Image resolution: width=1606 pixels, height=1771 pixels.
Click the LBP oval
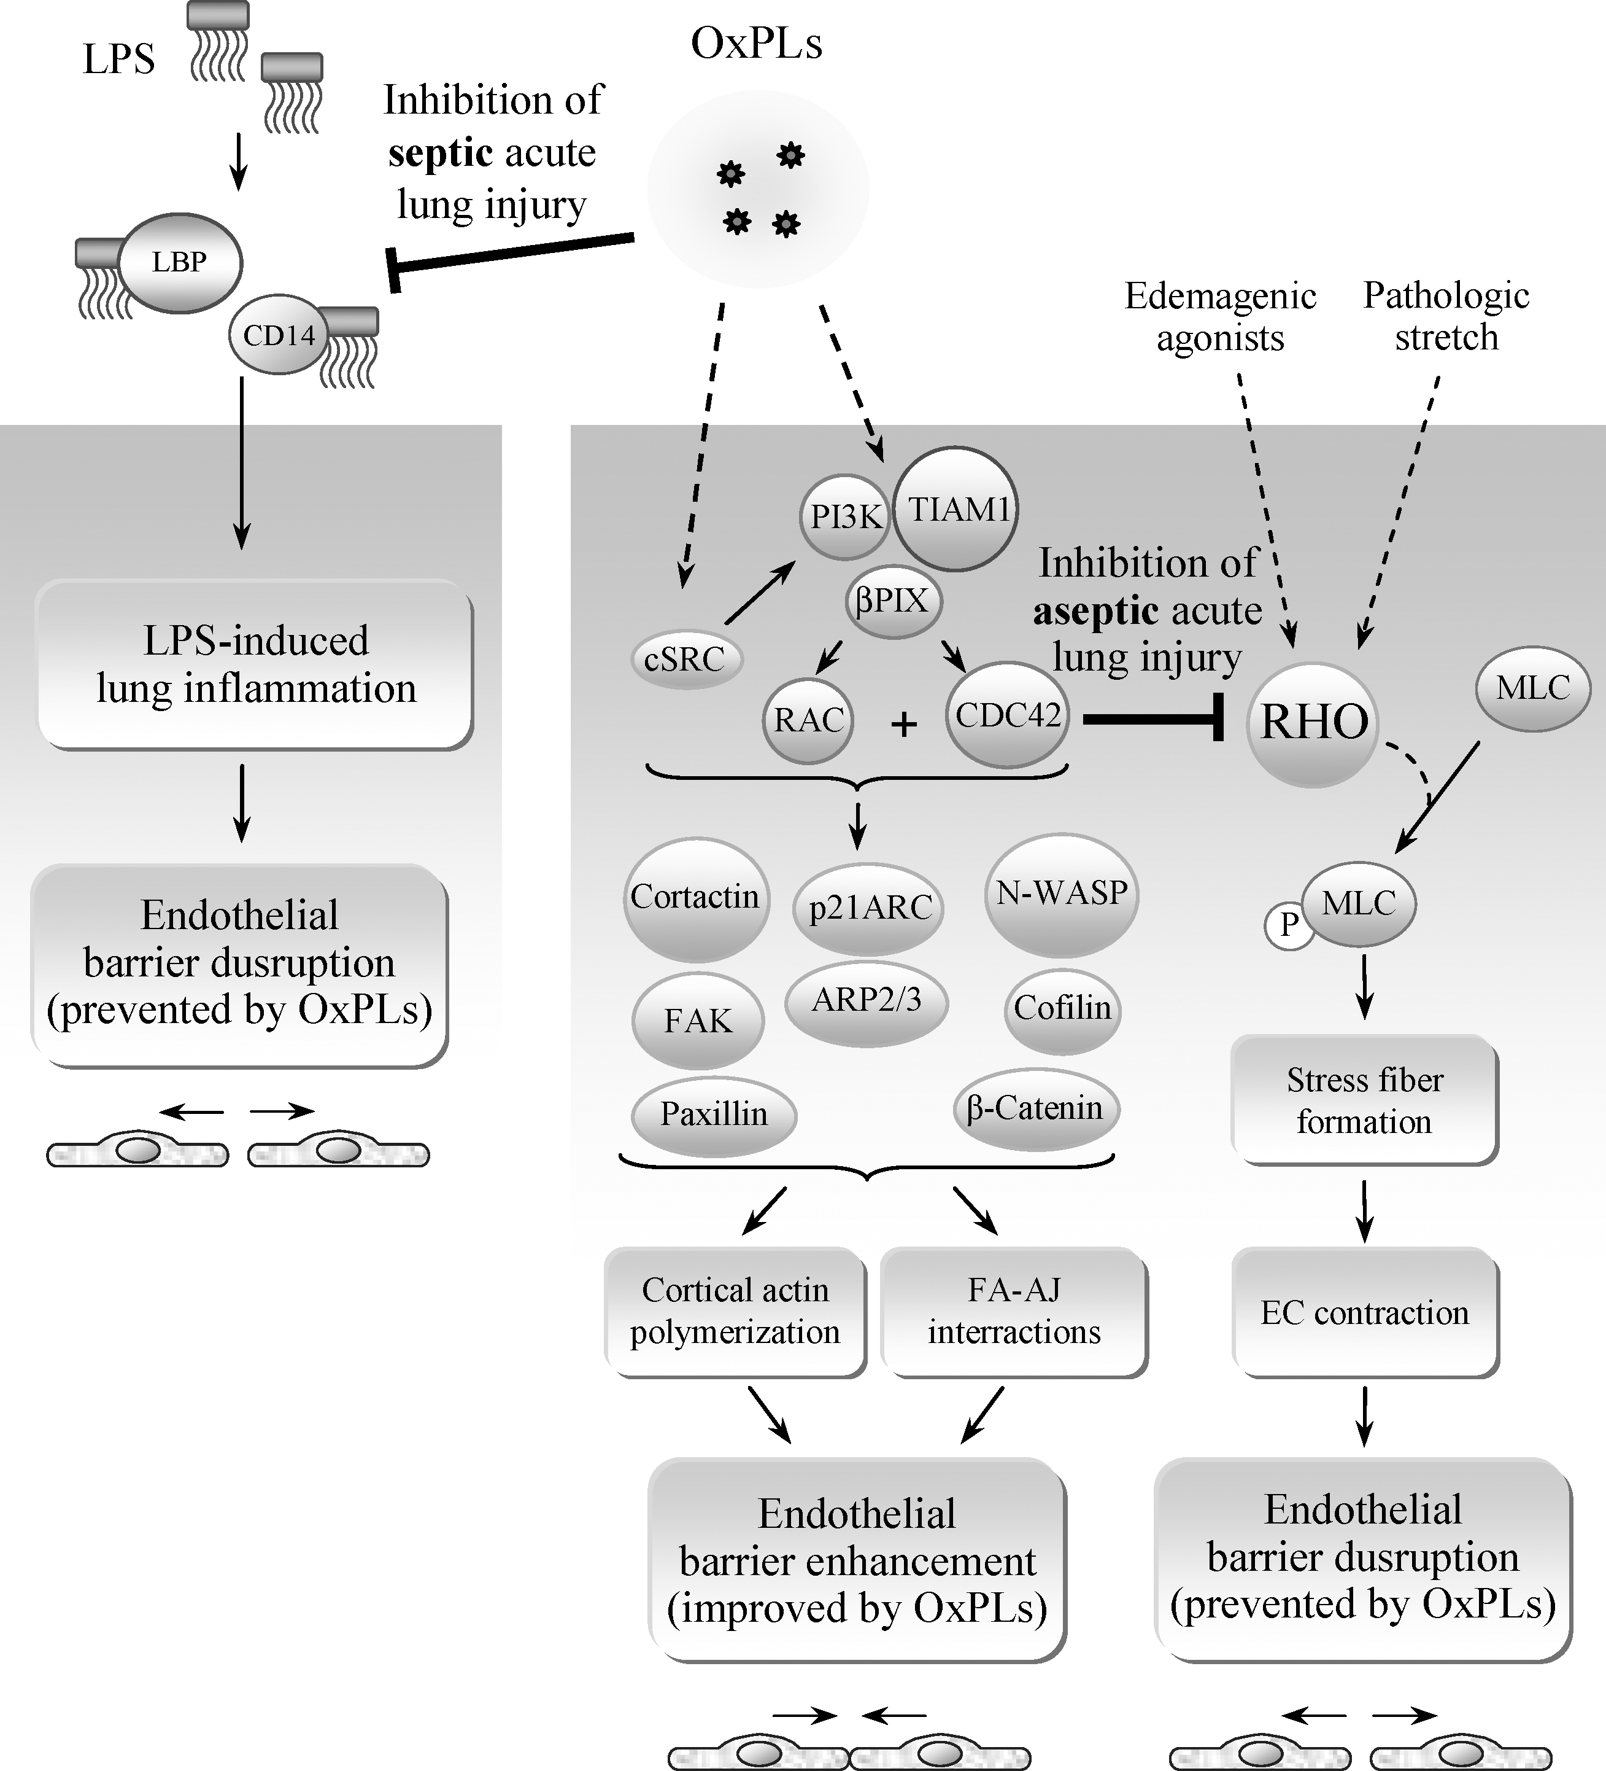point(180,263)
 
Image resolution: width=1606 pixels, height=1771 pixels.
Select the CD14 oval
point(279,335)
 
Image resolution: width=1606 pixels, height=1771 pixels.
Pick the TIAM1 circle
point(955,510)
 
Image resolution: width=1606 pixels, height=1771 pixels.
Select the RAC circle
point(808,720)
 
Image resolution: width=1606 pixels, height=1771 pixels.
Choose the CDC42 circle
point(1007,715)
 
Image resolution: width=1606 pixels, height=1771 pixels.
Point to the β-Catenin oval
point(1036,1108)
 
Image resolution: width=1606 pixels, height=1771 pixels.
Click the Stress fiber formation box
point(1365,1100)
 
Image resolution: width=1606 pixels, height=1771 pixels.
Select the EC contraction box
point(1365,1312)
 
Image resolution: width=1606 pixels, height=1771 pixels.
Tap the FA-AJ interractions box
point(1014,1312)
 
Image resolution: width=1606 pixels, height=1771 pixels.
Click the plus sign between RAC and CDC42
point(903,725)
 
